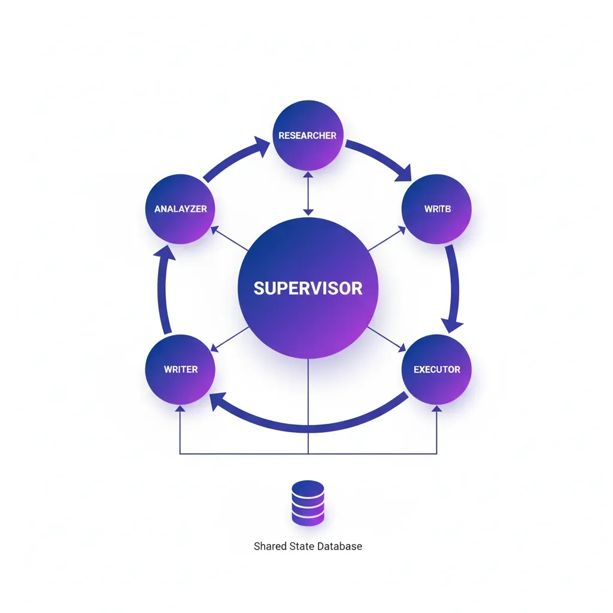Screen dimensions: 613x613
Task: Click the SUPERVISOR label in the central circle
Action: click(308, 288)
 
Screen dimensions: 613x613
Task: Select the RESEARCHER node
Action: click(308, 135)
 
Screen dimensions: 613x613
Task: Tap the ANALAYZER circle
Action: click(180, 209)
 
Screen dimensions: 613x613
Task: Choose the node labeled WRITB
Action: click(437, 209)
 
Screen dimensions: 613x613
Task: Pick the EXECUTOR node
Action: click(437, 369)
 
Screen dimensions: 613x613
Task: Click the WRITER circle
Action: click(180, 369)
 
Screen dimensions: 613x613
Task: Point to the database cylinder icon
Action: click(308, 503)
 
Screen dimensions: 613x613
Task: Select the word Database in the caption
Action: click(340, 546)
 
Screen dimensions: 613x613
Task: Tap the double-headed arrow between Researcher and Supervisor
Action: click(308, 193)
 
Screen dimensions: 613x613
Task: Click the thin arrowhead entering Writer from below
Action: click(180, 409)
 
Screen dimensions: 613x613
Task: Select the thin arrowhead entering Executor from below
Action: click(437, 409)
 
